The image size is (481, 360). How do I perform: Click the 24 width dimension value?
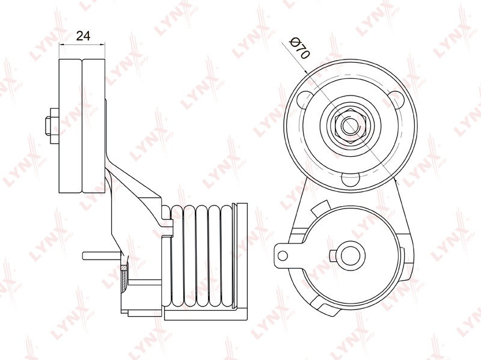83,36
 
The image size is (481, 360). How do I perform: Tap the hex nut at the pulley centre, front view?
350,125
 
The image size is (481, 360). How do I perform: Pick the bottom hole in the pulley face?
351,179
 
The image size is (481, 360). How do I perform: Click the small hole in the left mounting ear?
283,255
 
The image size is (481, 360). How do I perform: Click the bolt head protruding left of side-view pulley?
52,126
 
